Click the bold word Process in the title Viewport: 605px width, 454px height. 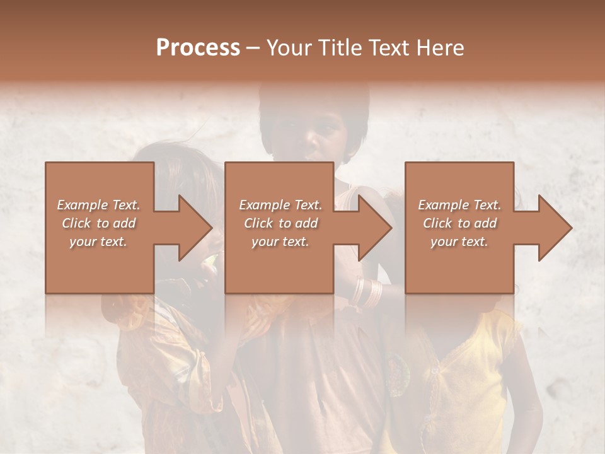[198, 48]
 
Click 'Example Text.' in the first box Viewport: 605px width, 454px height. [98, 205]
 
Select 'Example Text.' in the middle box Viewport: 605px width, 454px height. [280, 205]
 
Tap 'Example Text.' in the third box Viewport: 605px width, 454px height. [459, 205]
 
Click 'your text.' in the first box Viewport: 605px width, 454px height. [98, 242]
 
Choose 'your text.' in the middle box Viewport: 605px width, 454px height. [280, 242]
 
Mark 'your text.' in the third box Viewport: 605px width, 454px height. [459, 242]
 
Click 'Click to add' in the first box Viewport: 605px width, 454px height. [98, 223]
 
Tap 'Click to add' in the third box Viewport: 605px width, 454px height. [459, 223]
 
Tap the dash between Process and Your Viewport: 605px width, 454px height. [253, 48]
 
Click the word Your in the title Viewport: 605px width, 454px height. [289, 48]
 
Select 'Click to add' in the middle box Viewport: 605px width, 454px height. [280, 223]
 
